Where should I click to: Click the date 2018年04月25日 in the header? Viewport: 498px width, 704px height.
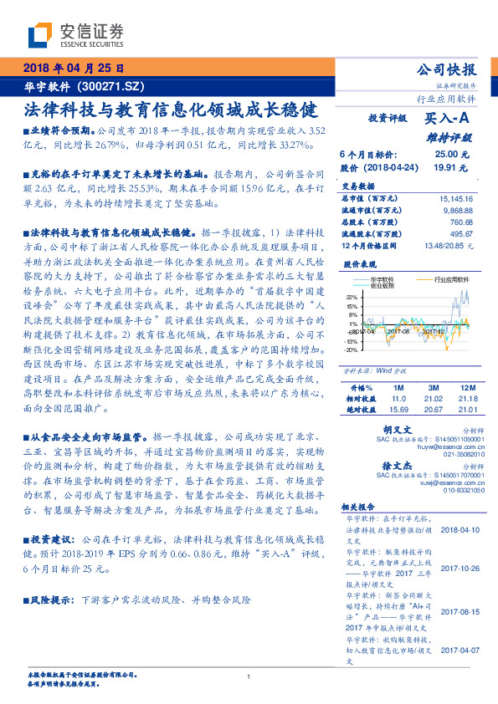coord(74,68)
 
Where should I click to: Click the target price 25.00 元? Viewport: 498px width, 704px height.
coord(452,155)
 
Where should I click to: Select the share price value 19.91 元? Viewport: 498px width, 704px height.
coord(452,167)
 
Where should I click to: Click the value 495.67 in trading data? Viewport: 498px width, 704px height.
coord(460,235)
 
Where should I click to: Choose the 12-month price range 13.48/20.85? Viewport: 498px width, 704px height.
coord(447,247)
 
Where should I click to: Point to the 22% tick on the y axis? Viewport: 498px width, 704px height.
coord(352,297)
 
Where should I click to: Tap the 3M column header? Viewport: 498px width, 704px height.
coord(433,388)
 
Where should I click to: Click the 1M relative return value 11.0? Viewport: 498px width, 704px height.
coord(398,399)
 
